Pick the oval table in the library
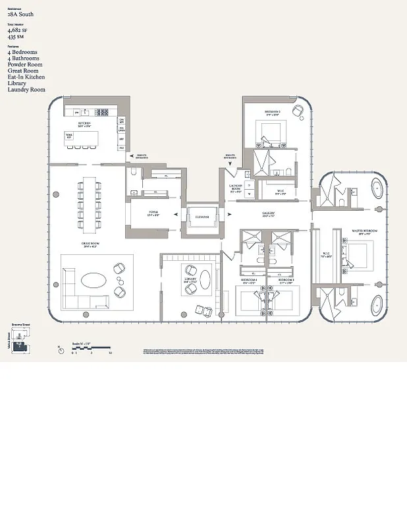(205, 279)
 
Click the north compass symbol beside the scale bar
(61, 350)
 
